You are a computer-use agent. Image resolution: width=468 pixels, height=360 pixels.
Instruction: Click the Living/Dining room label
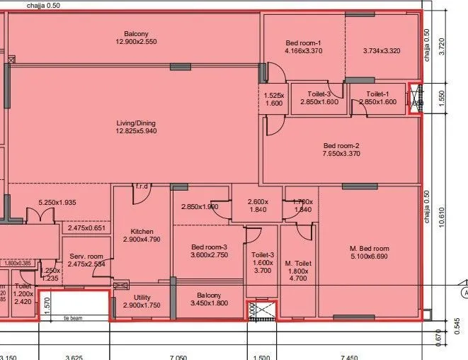136,123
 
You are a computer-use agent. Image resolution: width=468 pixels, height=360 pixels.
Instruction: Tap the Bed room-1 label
303,43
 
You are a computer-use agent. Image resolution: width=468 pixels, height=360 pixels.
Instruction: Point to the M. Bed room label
370,249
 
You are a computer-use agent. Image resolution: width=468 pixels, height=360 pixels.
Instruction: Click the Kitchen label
142,232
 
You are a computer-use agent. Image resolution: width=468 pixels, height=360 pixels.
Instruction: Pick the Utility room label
142,298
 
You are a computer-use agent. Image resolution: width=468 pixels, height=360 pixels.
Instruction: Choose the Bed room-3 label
209,247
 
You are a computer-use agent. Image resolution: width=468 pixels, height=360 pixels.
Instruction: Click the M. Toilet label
298,264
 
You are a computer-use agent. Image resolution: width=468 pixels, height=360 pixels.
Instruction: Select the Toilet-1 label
377,94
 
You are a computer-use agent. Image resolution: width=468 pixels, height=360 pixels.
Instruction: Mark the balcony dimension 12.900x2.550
136,43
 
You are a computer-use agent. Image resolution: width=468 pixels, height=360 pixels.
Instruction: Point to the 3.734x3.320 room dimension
382,51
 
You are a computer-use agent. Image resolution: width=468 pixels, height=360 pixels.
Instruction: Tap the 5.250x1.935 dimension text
57,203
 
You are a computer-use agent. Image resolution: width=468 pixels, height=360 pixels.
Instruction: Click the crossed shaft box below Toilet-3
261,310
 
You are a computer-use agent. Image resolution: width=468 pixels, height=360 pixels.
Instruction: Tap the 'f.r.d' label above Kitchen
141,186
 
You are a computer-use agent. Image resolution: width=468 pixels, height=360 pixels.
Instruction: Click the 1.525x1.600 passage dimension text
274,100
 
